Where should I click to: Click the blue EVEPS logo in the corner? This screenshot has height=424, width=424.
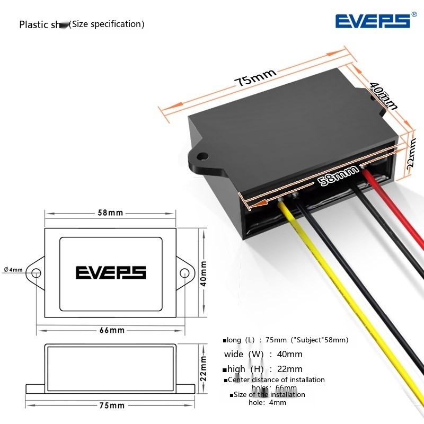pos(373,21)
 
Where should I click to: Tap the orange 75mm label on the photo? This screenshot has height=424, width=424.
pos(256,78)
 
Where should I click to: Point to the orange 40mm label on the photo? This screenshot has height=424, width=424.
pos(383,95)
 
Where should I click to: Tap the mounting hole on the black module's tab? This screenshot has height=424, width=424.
pos(202,157)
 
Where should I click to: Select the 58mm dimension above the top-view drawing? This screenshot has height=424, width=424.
pos(110,213)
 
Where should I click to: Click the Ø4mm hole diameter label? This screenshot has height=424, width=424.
pos(13,270)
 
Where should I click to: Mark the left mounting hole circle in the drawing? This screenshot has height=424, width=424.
pos(36,273)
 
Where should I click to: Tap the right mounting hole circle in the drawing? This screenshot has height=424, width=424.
pos(184,273)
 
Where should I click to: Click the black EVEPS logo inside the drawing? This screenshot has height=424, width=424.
pos(111,272)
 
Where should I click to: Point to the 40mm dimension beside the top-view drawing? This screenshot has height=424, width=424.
pos(204,273)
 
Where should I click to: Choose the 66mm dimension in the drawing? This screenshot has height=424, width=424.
pos(111,330)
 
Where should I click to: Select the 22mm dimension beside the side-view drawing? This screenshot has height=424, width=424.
pos(204,365)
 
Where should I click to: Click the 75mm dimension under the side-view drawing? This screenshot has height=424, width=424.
pos(111,405)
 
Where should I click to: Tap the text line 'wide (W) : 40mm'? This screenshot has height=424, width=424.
pos(263,354)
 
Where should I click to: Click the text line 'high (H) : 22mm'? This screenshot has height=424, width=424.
pos(263,369)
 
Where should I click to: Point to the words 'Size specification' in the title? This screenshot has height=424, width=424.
pos(108,24)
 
